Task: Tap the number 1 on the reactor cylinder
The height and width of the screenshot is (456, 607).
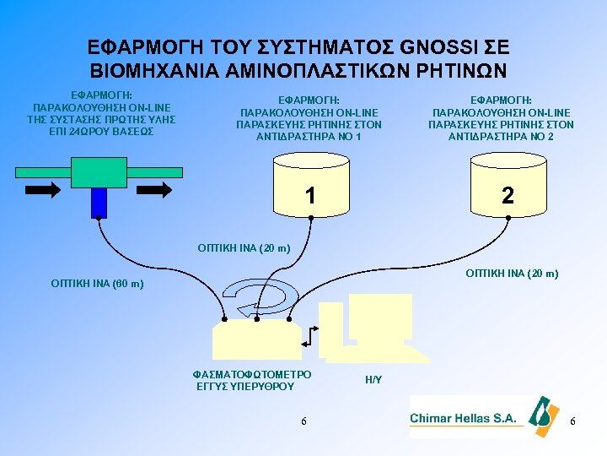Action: [x=311, y=196]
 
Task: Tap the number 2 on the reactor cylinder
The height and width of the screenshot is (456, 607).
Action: [x=507, y=196]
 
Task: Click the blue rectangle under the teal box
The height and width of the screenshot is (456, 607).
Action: [x=99, y=202]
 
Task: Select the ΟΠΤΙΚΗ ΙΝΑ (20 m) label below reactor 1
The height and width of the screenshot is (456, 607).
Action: [x=244, y=248]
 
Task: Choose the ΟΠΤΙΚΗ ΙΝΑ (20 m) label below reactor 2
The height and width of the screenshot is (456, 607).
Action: [x=512, y=273]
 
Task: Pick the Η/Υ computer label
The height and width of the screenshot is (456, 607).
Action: [x=373, y=380]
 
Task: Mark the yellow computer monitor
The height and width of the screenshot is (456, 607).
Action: [x=379, y=317]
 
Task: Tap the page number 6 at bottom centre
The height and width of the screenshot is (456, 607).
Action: [x=303, y=421]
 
